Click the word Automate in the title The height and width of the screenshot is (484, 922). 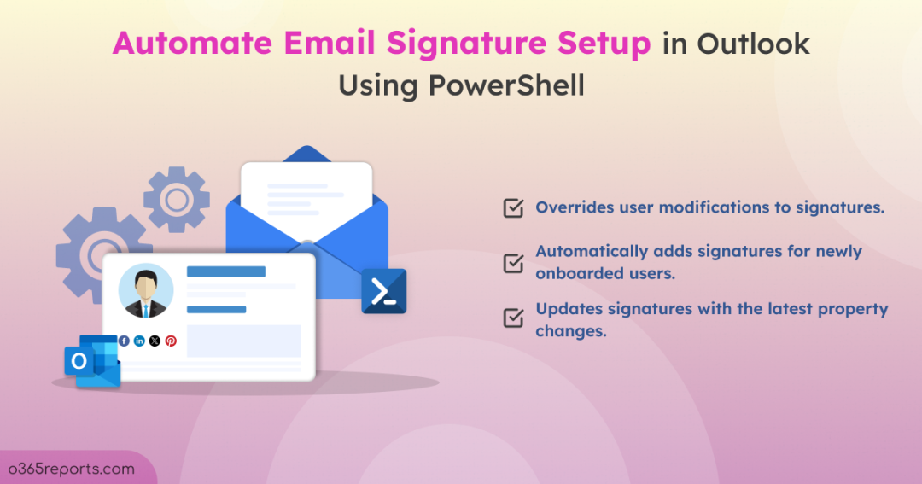(192, 43)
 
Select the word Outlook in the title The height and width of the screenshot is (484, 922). (753, 44)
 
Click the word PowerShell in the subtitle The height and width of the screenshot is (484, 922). (506, 86)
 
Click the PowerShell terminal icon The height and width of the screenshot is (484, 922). (384, 291)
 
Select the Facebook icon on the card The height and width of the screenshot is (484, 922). (124, 341)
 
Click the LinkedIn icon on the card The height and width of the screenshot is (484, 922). (139, 341)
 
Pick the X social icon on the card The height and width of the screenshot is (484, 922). (155, 341)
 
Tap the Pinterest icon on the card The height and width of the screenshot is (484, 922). (171, 341)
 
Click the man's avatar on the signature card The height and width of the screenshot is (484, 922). (146, 291)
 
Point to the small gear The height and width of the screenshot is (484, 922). (177, 200)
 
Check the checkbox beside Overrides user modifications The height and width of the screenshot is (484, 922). (513, 207)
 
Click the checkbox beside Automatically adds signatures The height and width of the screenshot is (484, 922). (513, 262)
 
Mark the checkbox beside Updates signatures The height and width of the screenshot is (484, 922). (513, 318)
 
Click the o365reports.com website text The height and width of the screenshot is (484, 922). (71, 469)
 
